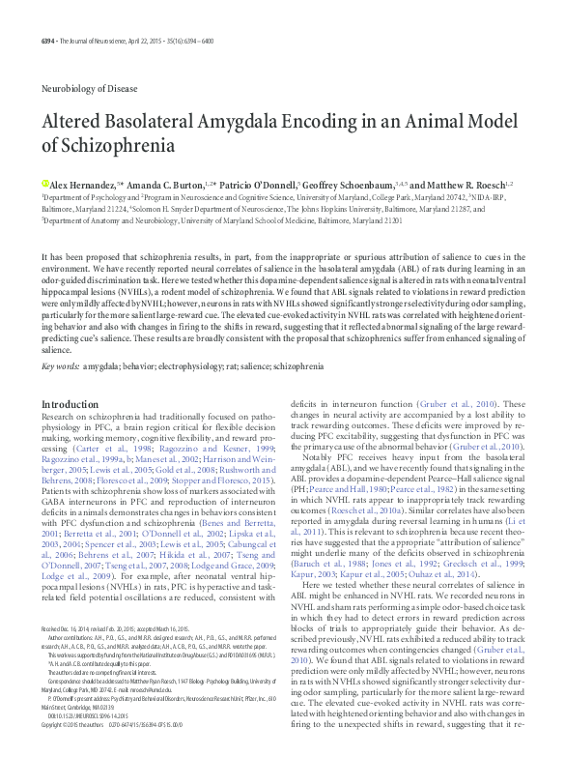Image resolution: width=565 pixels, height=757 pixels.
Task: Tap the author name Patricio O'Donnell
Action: point(268,183)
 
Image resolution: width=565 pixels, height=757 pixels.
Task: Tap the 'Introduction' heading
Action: point(70,404)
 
